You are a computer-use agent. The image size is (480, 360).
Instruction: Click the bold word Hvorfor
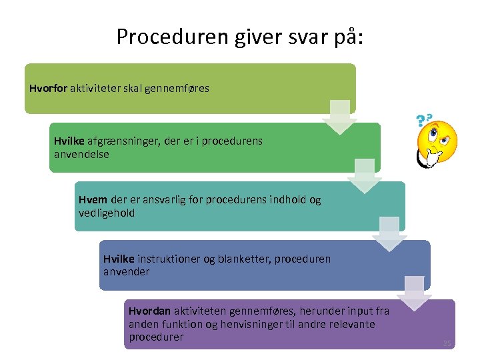pyautogui.click(x=49, y=88)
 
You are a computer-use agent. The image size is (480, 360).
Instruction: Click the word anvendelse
pyautogui.click(x=81, y=154)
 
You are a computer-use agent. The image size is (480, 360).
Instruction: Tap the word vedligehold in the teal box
pyautogui.click(x=107, y=213)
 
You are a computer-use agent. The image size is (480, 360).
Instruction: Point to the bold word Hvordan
pyautogui.click(x=150, y=311)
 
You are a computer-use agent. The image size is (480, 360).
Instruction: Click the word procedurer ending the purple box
pyautogui.click(x=156, y=337)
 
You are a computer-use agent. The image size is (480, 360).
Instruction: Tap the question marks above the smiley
pyautogui.click(x=422, y=120)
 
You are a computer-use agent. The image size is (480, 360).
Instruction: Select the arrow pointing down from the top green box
pyautogui.click(x=339, y=117)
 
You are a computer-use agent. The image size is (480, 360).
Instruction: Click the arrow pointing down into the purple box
pyautogui.click(x=414, y=293)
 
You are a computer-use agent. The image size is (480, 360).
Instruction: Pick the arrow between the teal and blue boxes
pyautogui.click(x=389, y=234)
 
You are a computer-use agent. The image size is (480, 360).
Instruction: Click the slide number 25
pyautogui.click(x=447, y=343)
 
